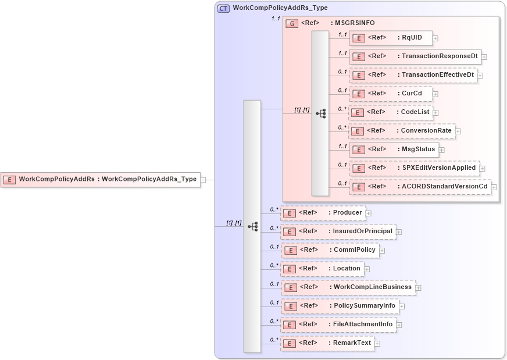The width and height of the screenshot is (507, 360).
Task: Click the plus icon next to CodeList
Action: coord(435,112)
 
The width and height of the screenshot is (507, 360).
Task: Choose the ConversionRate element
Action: coord(401,131)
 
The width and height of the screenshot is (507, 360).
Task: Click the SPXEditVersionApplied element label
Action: coord(439,168)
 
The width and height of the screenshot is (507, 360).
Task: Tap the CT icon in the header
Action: coord(223,8)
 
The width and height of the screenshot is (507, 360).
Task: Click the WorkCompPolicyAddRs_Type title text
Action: coord(280,8)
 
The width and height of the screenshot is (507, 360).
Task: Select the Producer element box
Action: coord(323,213)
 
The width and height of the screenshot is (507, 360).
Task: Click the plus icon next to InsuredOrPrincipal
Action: coord(399,231)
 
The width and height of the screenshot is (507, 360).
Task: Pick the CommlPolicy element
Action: coord(330,250)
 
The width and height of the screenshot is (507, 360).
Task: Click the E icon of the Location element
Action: coord(290,269)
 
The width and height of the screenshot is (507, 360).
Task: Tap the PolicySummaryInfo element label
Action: coord(363,306)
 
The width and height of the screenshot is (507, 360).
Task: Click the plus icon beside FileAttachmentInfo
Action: coord(399,325)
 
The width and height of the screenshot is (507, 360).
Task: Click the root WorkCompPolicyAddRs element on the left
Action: coord(100,179)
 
